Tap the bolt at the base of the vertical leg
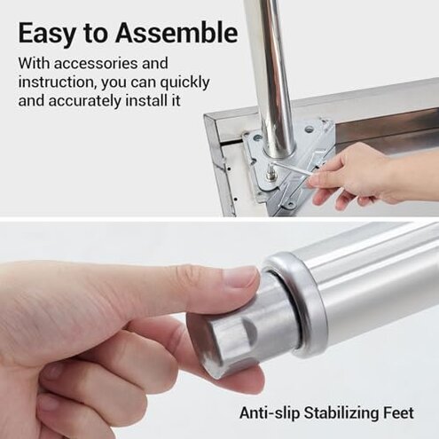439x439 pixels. click(x=269, y=174)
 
